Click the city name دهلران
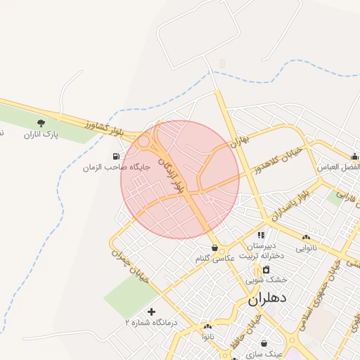tap(268, 298)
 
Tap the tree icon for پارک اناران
tap(41, 123)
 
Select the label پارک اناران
tap(41, 134)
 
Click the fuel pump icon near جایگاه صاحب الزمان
tap(116, 155)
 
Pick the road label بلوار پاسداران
tap(287, 203)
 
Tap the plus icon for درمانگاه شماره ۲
tap(151, 311)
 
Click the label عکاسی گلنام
tap(215, 259)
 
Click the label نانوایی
tap(306, 248)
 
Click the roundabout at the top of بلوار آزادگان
tap(143, 141)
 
